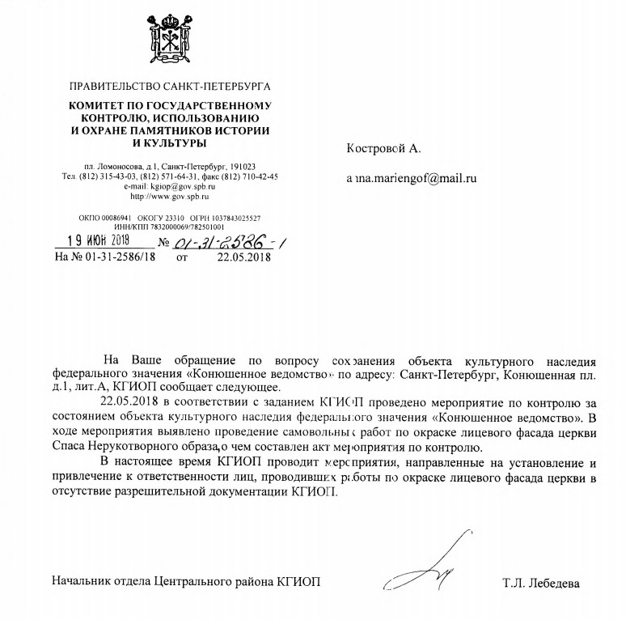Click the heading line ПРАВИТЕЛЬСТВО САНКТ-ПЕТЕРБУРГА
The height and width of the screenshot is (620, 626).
point(171,85)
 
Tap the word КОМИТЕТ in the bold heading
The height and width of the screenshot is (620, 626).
point(99,106)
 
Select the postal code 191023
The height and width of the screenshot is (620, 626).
point(243,166)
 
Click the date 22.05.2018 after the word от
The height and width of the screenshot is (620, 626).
point(244,258)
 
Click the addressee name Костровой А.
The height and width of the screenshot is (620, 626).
point(384,149)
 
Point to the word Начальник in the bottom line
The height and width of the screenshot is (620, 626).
point(84,583)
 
